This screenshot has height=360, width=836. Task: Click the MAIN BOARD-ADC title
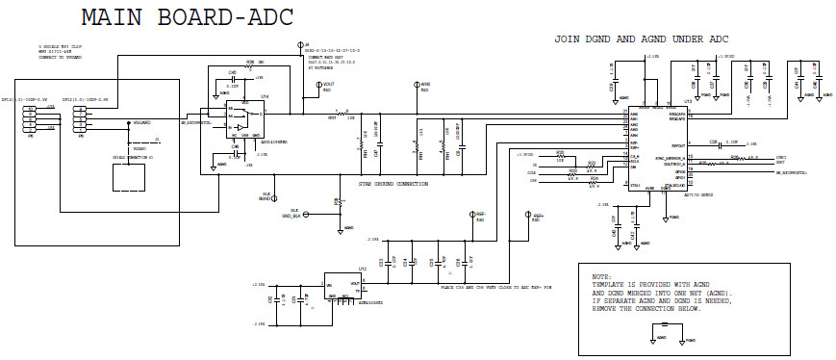pos(187,18)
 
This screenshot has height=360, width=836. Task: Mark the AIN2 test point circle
pos(417,86)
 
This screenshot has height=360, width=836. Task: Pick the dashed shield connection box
pos(133,179)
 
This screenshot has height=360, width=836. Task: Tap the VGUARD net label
pos(140,122)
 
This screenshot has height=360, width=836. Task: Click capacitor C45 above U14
pos(232,81)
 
